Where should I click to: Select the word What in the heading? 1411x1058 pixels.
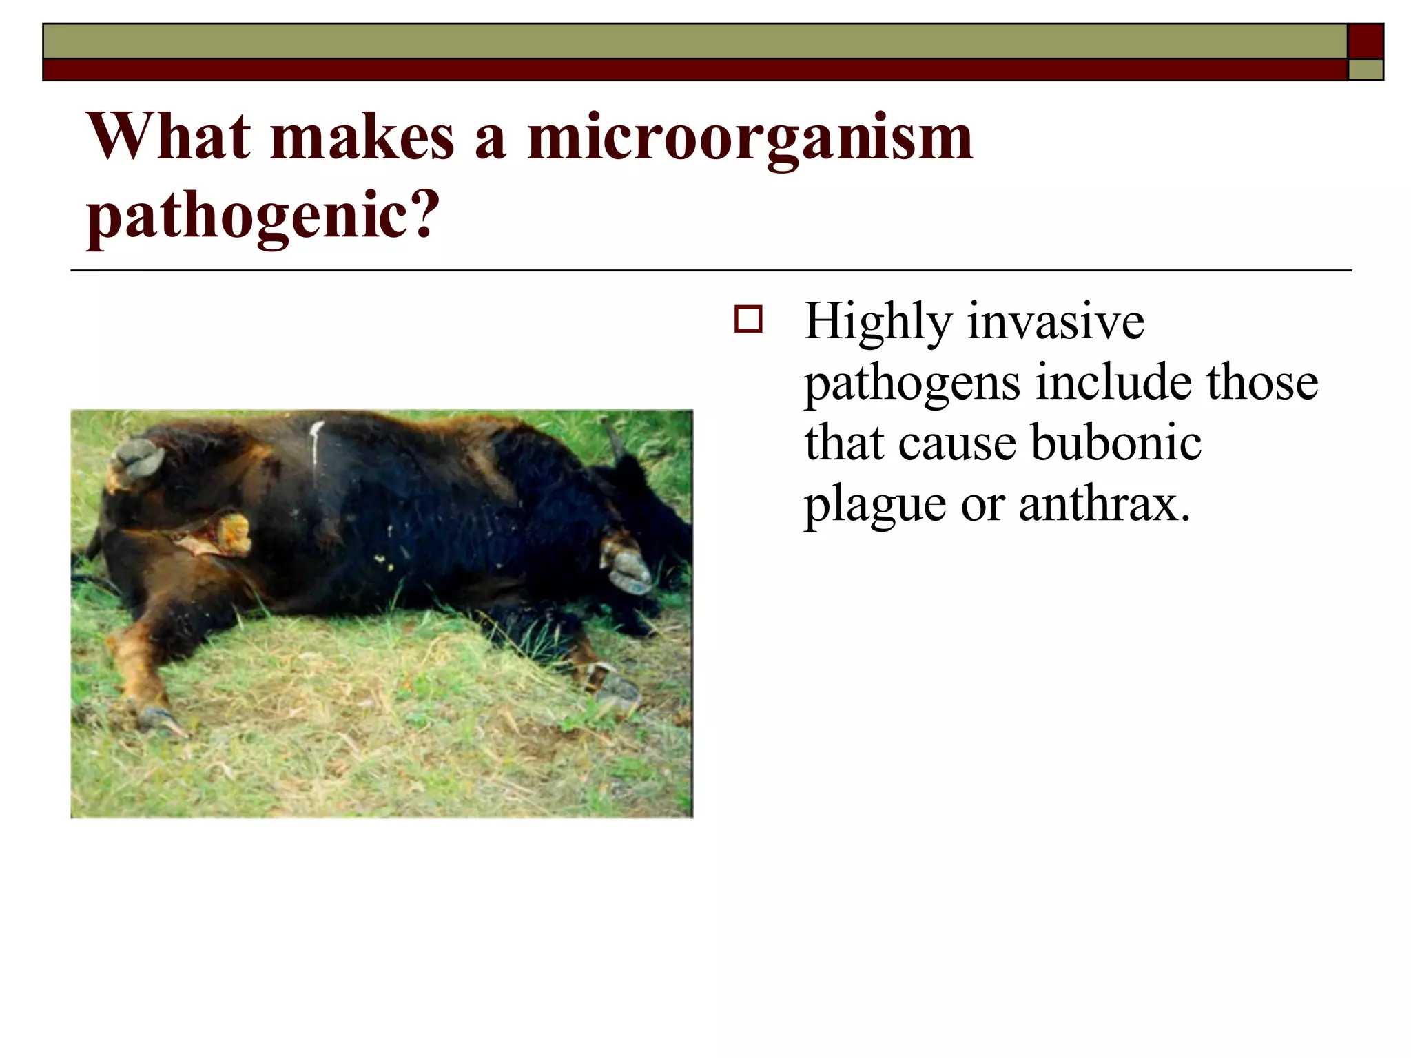[169, 138]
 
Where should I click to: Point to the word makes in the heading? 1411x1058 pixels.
[362, 138]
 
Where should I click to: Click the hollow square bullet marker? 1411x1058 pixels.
[748, 320]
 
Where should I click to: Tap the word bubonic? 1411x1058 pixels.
[1117, 443]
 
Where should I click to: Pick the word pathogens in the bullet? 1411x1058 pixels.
[912, 384]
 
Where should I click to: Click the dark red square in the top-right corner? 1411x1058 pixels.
[1365, 41]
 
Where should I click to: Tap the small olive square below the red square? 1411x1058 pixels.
[1365, 70]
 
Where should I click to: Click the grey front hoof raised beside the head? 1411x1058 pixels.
[627, 565]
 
